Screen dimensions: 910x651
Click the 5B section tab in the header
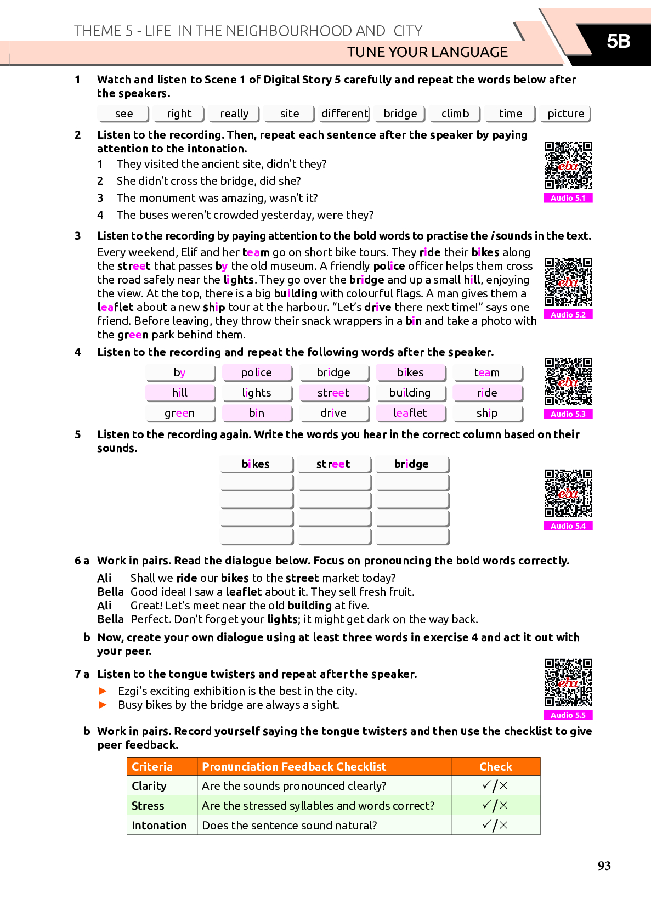618,42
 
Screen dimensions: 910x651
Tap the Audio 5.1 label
568,198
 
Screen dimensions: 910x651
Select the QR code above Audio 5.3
568,381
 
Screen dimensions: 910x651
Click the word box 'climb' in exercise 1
455,114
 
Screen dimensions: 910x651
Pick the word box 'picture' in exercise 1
565,114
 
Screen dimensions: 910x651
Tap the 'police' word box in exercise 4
257,372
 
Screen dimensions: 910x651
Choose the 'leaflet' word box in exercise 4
410,413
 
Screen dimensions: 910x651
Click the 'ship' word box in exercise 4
487,413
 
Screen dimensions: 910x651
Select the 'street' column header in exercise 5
333,464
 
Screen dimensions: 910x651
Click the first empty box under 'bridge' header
412,483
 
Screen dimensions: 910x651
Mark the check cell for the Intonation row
495,825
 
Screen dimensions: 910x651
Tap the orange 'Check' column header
495,766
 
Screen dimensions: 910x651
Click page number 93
604,866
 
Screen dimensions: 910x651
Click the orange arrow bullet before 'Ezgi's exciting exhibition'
103,691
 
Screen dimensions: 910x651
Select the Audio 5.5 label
568,715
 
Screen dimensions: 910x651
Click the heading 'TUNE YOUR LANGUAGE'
427,52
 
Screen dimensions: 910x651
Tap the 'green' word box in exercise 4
180,413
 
